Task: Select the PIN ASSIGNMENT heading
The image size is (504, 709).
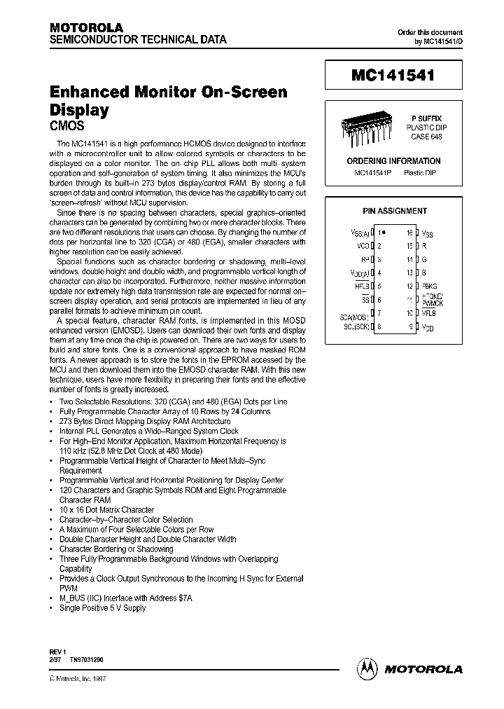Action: [394, 211]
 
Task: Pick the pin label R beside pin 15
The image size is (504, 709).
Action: [424, 246]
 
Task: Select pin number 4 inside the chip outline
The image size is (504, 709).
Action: [379, 273]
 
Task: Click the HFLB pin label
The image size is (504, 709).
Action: [362, 286]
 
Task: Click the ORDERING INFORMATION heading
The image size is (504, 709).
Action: [394, 161]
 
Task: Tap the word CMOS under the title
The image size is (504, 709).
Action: [67, 127]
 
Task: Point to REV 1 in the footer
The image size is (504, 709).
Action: [58, 652]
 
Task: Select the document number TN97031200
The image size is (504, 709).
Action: [90, 660]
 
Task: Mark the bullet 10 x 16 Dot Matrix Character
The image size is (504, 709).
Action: [106, 510]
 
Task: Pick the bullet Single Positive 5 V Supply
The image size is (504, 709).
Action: [102, 608]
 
